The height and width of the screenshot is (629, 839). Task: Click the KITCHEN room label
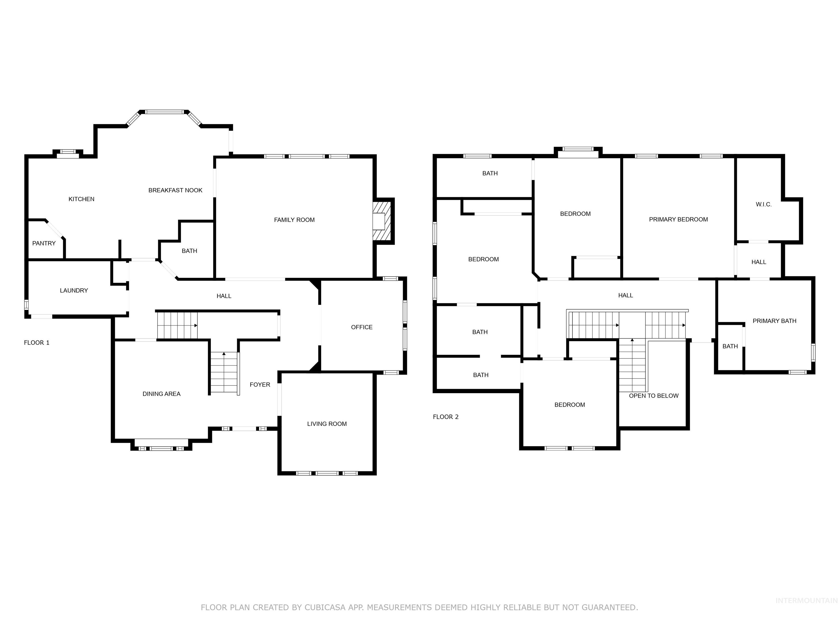click(x=81, y=199)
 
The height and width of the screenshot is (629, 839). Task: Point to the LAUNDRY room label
click(x=74, y=290)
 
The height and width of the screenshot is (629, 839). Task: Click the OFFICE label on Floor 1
click(x=362, y=327)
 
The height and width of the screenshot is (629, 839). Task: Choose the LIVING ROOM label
click(x=327, y=424)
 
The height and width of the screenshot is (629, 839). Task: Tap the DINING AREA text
click(x=161, y=394)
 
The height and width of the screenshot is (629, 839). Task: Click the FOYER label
click(x=260, y=384)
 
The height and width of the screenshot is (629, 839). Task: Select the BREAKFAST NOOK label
click(x=175, y=190)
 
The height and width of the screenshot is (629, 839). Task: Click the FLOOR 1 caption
click(x=37, y=343)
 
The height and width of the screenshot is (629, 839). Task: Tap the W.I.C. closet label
click(x=764, y=204)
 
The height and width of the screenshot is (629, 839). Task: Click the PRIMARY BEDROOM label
click(x=678, y=219)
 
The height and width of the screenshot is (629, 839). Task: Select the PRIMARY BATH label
click(x=774, y=321)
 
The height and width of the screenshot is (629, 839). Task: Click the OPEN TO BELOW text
click(x=654, y=396)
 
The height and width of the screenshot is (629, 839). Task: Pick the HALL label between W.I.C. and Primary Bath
click(x=759, y=262)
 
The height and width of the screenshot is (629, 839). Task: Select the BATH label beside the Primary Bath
click(x=730, y=346)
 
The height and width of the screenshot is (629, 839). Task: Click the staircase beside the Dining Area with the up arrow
click(x=224, y=373)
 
